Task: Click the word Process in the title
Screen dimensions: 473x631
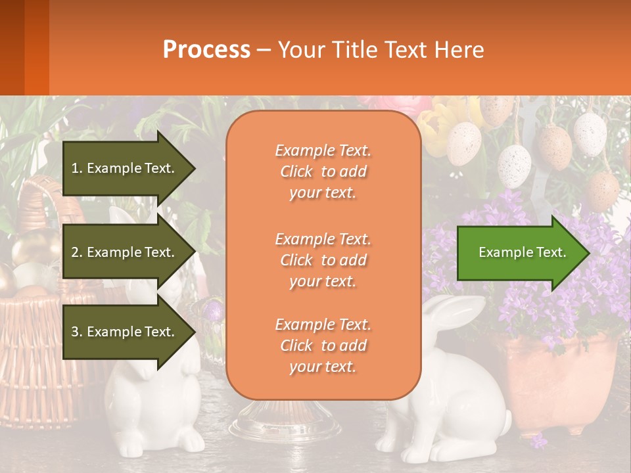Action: point(206,50)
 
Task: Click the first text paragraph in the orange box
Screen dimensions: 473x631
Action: point(323,171)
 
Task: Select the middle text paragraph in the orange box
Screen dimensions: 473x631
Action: point(323,260)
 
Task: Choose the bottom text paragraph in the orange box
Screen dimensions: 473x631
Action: point(323,346)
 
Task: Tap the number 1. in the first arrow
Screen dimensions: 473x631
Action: point(77,168)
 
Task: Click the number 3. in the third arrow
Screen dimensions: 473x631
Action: point(77,332)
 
